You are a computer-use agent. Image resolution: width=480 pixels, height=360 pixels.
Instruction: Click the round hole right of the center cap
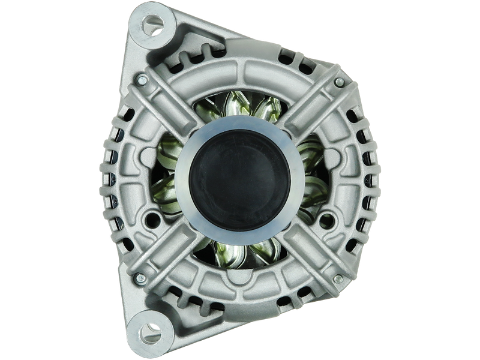pos(328,217)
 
